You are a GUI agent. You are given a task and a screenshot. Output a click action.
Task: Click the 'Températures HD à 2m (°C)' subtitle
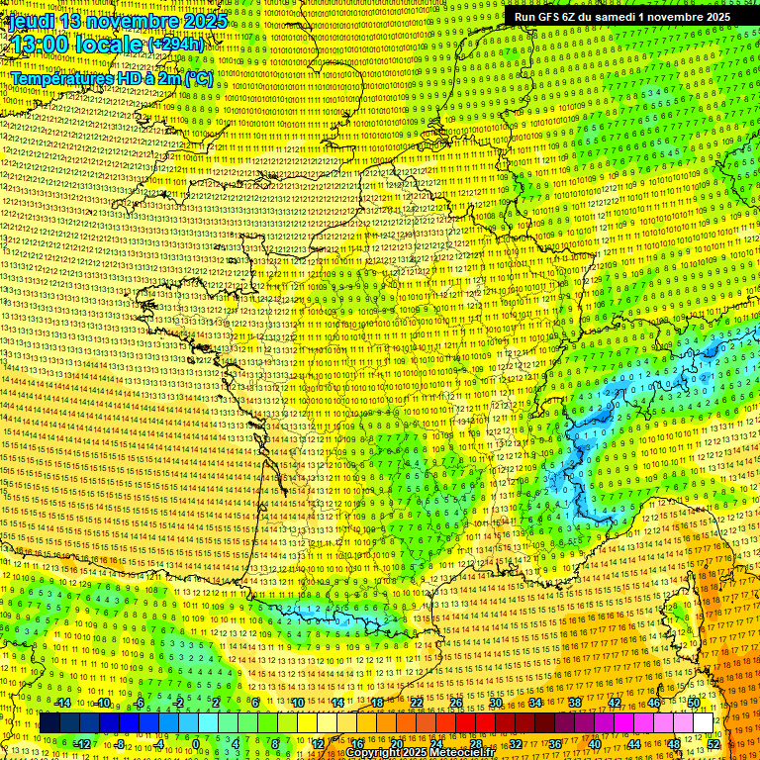[x=111, y=77]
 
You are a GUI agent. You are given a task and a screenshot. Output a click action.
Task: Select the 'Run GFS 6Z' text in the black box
[x=550, y=17]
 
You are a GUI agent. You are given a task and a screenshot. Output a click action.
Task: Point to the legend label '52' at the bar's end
[x=713, y=744]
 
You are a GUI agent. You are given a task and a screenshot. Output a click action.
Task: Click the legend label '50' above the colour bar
[x=694, y=703]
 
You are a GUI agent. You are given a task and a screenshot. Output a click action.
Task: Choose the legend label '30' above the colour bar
[x=496, y=703]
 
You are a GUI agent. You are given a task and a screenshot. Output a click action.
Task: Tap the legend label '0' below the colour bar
[x=196, y=744]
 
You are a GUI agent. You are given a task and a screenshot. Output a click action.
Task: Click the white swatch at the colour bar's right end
[x=703, y=723]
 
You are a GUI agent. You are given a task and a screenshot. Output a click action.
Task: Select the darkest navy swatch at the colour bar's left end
[x=50, y=723]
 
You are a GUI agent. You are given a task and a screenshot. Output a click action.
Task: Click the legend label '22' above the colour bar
[x=417, y=703]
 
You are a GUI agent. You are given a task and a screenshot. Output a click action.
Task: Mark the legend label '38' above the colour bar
[x=575, y=703]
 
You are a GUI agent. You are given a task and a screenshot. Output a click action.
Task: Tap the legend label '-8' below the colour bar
[x=121, y=744]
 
